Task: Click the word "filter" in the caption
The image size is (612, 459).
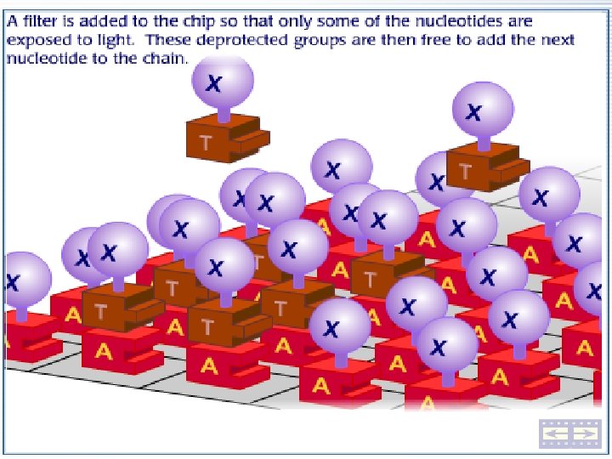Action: (x=45, y=19)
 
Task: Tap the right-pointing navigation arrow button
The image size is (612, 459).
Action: (x=583, y=433)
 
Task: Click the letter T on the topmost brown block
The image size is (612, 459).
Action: (x=207, y=143)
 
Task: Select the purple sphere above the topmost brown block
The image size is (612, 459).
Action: (x=222, y=82)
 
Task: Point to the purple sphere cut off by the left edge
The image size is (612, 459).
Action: (x=21, y=281)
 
